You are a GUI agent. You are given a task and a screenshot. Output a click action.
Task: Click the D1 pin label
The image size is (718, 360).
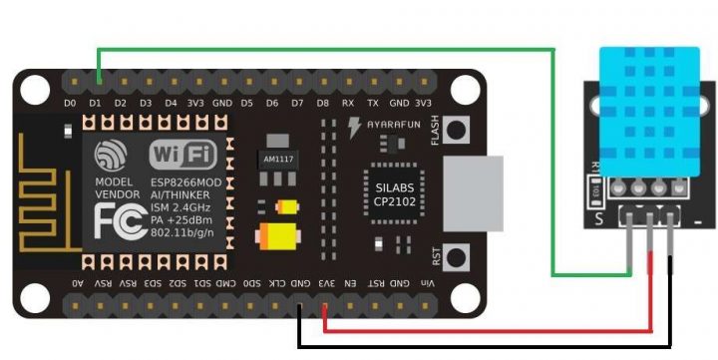pyautogui.click(x=95, y=103)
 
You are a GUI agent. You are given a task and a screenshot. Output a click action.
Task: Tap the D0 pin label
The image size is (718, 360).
pyautogui.click(x=70, y=103)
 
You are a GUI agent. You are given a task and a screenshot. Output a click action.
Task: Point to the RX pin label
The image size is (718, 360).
pyautogui.click(x=347, y=103)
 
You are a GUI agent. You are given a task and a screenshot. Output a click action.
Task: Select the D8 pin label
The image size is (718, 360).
pyautogui.click(x=322, y=103)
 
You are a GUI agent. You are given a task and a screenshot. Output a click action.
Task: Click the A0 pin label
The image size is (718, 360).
pyautogui.click(x=77, y=284)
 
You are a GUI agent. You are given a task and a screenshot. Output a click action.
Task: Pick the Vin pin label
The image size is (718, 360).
pyautogui.click(x=428, y=284)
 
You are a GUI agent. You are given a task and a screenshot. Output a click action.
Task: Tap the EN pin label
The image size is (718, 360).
pyautogui.click(x=351, y=284)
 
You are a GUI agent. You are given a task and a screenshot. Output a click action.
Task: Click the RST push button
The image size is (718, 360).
pyautogui.click(x=457, y=258)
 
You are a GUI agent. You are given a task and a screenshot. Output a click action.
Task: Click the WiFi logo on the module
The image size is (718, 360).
pyautogui.click(x=181, y=155)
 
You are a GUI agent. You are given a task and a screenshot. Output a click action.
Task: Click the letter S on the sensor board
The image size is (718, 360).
pyautogui.click(x=599, y=217)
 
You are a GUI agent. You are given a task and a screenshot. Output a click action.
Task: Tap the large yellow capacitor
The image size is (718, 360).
pyautogui.click(x=277, y=236)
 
